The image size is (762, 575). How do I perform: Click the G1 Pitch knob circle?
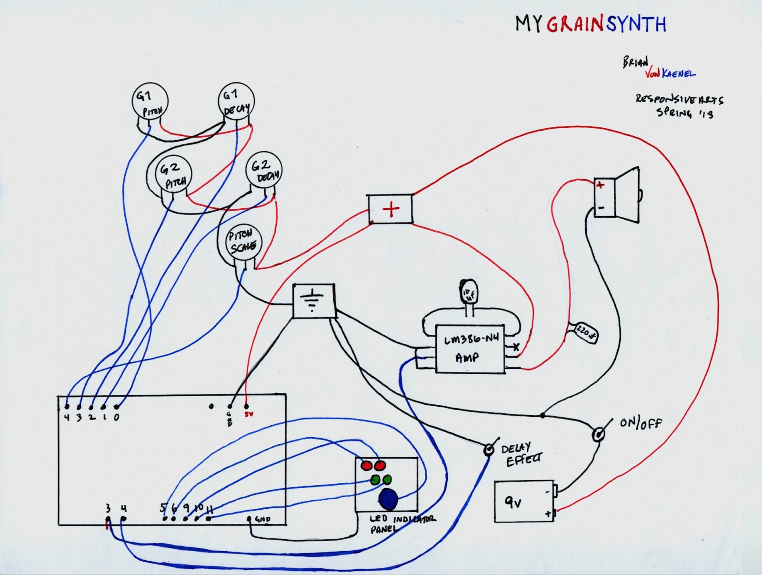[150, 103]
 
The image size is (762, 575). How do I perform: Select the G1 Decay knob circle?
[236, 102]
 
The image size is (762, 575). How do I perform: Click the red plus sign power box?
[391, 209]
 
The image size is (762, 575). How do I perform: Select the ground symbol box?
[313, 301]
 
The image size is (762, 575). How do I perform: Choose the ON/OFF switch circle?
[598, 434]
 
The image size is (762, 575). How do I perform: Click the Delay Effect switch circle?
[489, 450]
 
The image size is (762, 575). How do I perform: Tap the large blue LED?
[389, 499]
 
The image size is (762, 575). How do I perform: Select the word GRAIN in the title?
[575, 24]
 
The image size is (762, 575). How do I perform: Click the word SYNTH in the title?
[636, 24]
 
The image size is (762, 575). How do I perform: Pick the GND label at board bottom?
[263, 519]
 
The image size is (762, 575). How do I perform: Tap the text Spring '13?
[685, 113]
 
